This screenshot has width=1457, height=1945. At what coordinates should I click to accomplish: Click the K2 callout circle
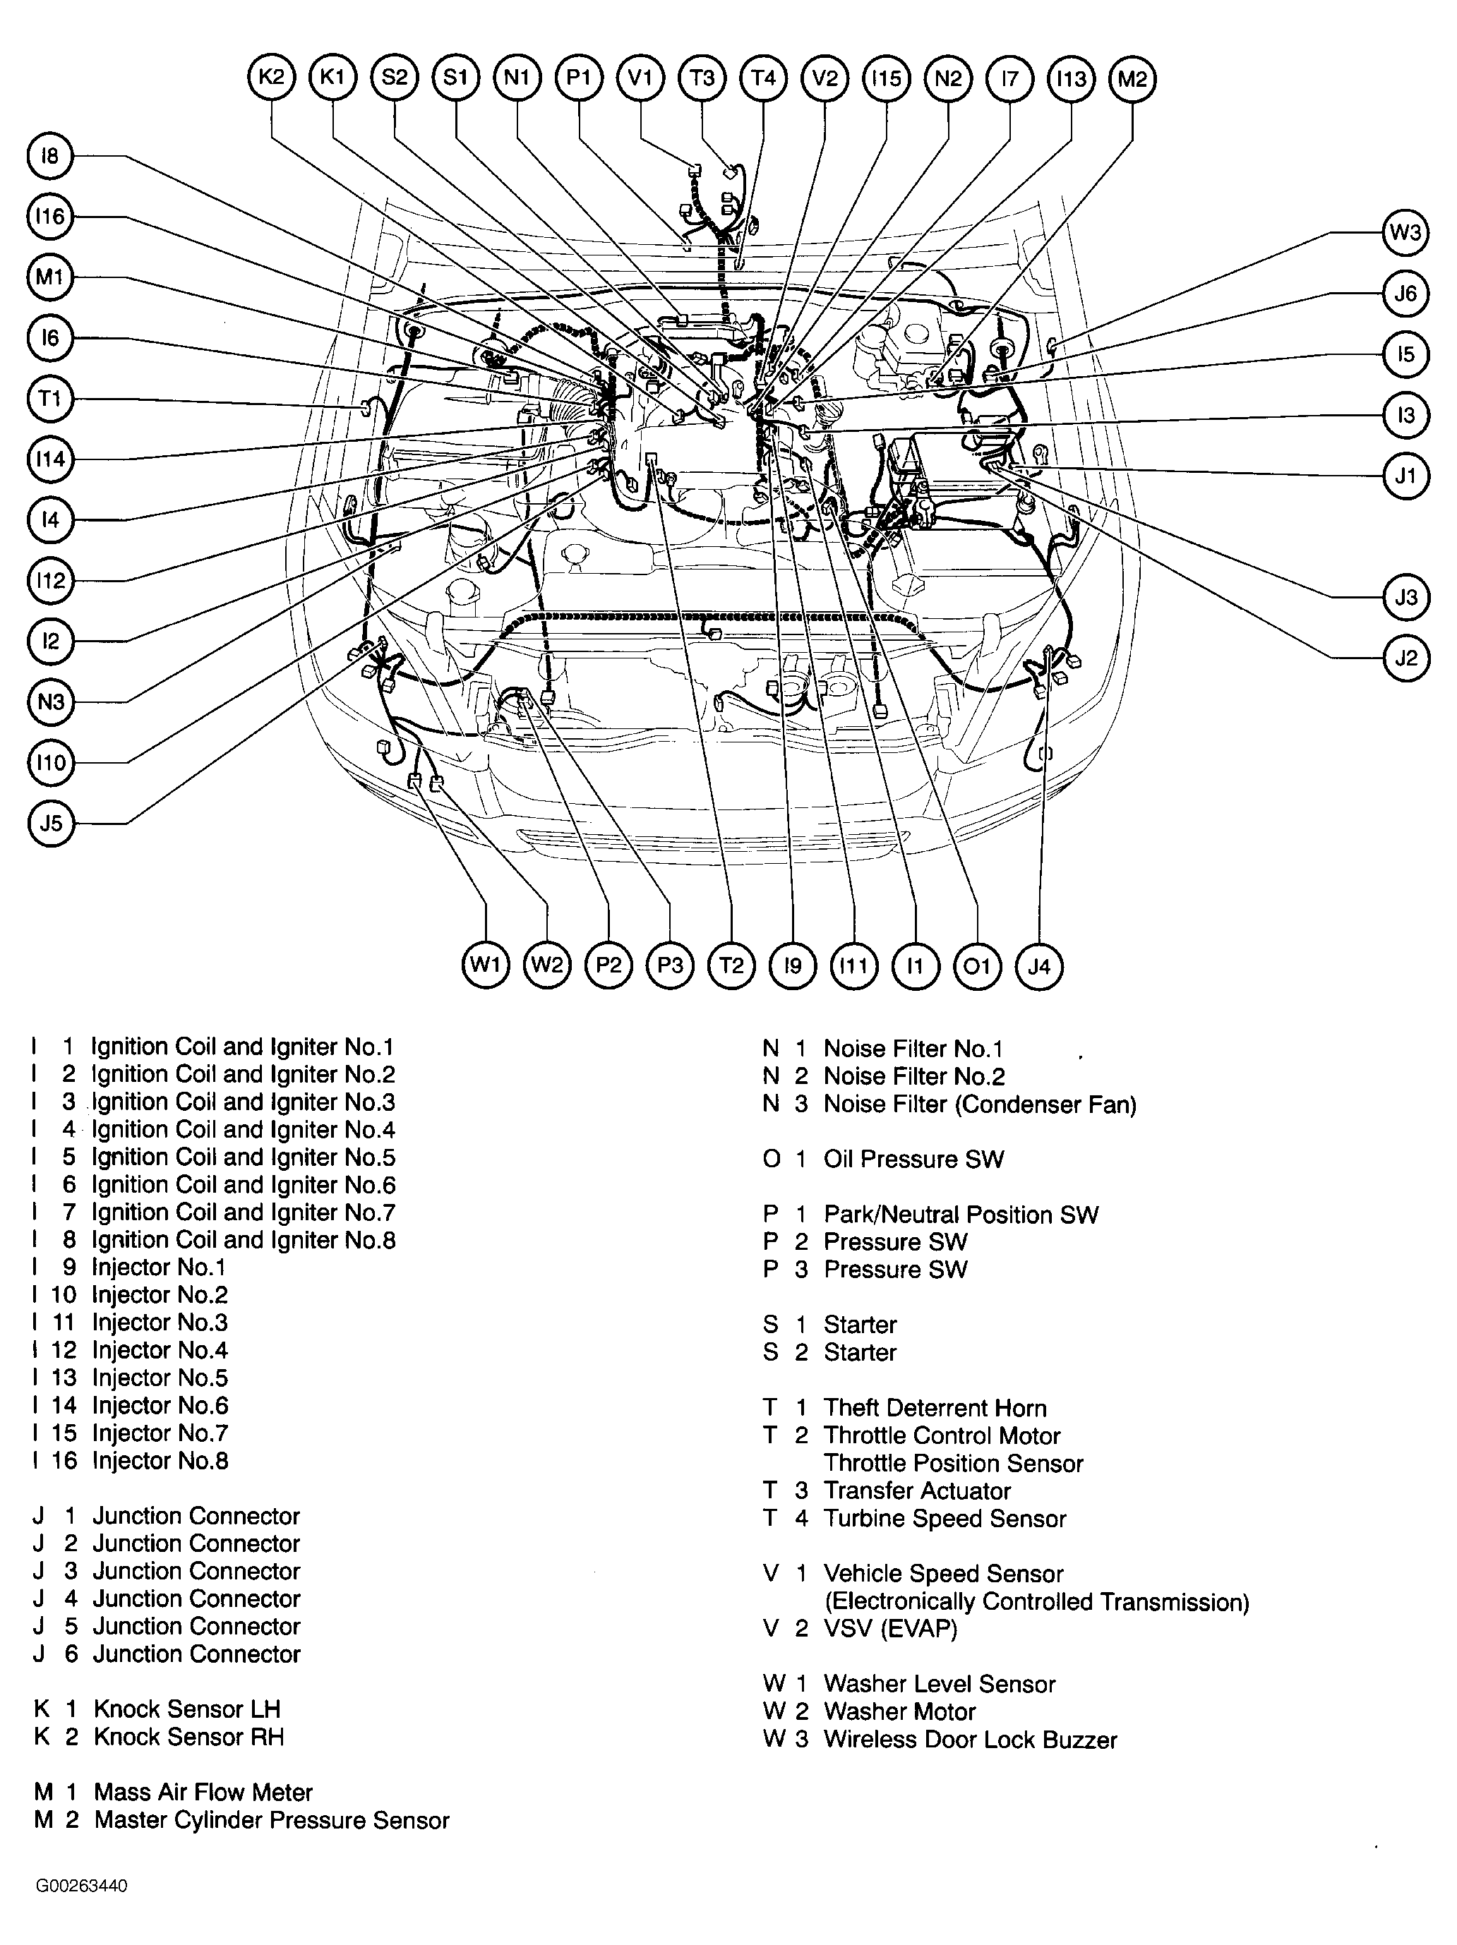click(271, 78)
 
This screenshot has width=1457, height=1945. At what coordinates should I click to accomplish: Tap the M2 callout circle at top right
click(1132, 78)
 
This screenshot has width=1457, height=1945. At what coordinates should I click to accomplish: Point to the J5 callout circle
click(51, 823)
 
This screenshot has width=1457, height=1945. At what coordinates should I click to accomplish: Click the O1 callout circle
click(977, 966)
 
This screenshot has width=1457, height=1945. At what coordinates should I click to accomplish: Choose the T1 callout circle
click(51, 399)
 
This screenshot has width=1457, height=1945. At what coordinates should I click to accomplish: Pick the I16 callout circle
click(51, 216)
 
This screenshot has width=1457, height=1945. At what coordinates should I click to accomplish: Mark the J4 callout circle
click(1038, 966)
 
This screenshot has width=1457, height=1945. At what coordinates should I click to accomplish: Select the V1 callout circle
click(640, 78)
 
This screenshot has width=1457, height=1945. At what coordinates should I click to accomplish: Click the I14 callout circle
click(51, 459)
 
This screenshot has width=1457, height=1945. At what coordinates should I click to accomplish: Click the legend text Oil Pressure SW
click(913, 1159)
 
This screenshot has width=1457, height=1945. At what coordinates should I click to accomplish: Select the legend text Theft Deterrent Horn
click(935, 1408)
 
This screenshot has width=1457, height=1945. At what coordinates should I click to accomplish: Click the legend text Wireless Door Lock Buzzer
click(970, 1739)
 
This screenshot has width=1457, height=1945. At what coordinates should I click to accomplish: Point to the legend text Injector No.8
click(160, 1460)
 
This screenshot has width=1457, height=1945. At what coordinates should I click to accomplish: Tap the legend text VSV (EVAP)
click(890, 1628)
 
